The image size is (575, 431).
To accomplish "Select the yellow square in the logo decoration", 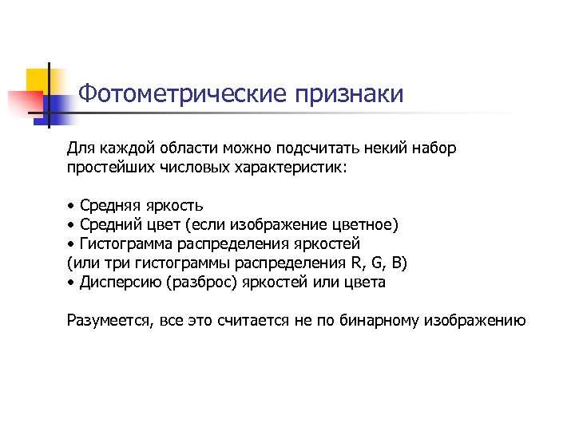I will [x=41, y=80].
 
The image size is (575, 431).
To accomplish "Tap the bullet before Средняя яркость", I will [x=71, y=206].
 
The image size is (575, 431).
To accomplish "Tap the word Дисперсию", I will [x=115, y=283].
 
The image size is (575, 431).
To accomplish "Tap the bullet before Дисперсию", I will [x=71, y=283].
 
